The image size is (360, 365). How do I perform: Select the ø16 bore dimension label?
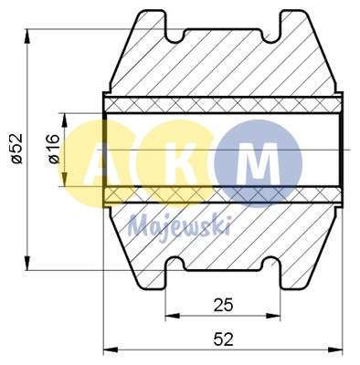click(x=52, y=150)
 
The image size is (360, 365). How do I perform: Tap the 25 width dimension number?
click(x=221, y=302)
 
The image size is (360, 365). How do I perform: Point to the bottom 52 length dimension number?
click(x=222, y=339)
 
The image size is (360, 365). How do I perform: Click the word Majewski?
click(x=180, y=224)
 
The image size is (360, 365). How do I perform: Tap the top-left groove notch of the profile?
click(x=175, y=36)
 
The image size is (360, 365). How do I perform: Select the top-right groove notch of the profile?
click(x=271, y=36)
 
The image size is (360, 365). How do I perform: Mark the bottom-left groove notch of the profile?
click(x=175, y=266)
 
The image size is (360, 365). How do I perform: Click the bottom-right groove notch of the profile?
click(x=271, y=266)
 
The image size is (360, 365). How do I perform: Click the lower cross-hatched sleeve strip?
click(x=223, y=195)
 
